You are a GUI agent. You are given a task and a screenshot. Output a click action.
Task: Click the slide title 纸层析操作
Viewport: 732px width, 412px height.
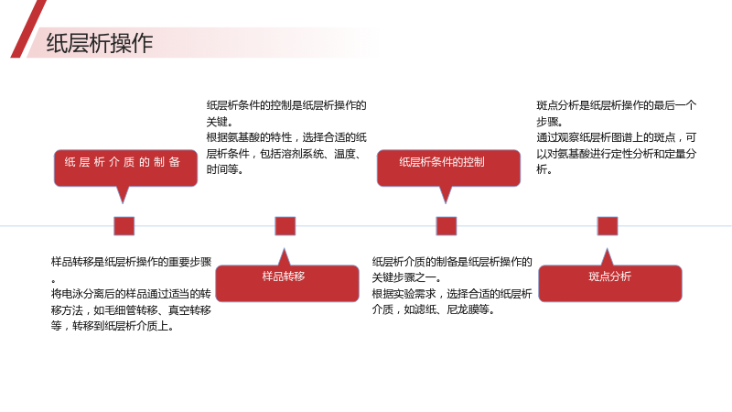[100, 43]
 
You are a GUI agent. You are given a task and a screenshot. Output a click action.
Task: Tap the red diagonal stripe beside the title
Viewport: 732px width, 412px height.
[28, 29]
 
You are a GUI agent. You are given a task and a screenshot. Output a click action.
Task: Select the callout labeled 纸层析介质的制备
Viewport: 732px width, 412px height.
[125, 168]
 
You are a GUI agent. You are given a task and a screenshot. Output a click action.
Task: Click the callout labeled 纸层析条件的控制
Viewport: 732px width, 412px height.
[448, 168]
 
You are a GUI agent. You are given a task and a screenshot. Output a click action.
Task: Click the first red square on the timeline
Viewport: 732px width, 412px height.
[124, 226]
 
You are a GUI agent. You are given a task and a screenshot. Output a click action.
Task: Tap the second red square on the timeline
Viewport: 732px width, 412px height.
[285, 226]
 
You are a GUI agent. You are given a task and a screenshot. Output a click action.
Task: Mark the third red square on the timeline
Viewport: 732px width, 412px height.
[447, 226]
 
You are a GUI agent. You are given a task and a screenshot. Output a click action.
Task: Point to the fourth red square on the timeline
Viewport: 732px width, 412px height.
[608, 226]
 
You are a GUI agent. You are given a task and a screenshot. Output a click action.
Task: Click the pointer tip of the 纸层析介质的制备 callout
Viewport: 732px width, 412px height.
[123, 203]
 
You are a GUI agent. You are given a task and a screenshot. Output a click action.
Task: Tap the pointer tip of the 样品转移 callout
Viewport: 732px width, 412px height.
[284, 248]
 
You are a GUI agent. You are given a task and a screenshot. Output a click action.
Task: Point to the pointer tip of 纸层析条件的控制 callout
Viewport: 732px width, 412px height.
[446, 203]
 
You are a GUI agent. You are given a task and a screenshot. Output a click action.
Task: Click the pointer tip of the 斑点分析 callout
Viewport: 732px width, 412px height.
[607, 248]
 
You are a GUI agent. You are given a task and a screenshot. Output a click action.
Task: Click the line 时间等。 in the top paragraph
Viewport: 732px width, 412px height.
[225, 169]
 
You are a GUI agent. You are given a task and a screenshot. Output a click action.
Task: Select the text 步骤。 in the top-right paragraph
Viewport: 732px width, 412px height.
[550, 122]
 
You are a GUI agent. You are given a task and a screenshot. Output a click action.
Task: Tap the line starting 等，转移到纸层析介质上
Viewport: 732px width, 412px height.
[113, 326]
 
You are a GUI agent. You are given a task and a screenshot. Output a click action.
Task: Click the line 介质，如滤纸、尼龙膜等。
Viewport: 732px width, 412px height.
[433, 309]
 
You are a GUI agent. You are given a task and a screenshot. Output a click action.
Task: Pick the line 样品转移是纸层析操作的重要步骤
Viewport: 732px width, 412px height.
[131, 262]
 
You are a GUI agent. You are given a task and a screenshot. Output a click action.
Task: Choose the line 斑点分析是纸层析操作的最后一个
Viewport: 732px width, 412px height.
[616, 105]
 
